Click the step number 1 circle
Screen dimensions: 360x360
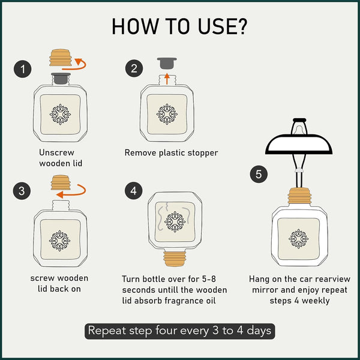pyautogui.click(x=23, y=69)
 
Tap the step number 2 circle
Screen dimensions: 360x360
pyautogui.click(x=134, y=68)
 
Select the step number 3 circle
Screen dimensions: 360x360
pyautogui.click(x=22, y=191)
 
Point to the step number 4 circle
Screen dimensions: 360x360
pyautogui.click(x=134, y=191)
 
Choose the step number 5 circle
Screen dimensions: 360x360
pyautogui.click(x=259, y=174)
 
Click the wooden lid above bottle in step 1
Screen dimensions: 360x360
pyautogui.click(x=61, y=58)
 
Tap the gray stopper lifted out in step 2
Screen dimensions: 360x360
pyautogui.click(x=167, y=64)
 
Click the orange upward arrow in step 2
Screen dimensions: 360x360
pyautogui.click(x=167, y=79)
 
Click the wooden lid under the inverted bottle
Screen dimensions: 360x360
pyautogui.click(x=175, y=259)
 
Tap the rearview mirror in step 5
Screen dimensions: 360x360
pyautogui.click(x=299, y=144)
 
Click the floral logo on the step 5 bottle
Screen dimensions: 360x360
pyautogui.click(x=298, y=239)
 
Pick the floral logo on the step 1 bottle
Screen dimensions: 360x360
pyautogui.click(x=60, y=115)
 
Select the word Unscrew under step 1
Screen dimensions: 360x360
pyautogui.click(x=56, y=152)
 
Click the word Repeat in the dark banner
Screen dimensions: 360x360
pyautogui.click(x=107, y=331)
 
